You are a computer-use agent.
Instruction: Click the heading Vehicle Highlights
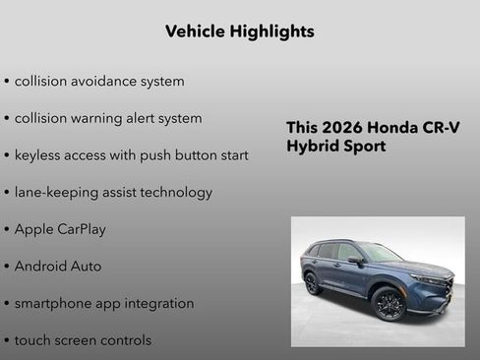pyautogui.click(x=240, y=31)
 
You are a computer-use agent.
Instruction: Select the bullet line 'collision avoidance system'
pyautogui.click(x=99, y=81)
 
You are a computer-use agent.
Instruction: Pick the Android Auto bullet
pyautogui.click(x=58, y=267)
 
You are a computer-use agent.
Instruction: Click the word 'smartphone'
pyautogui.click(x=54, y=304)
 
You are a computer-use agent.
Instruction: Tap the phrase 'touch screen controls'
pyautogui.click(x=83, y=340)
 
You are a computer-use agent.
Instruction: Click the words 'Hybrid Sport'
pyautogui.click(x=336, y=147)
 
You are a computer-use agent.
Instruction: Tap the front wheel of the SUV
pyautogui.click(x=390, y=304)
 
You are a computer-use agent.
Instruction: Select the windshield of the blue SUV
pyautogui.click(x=380, y=252)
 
